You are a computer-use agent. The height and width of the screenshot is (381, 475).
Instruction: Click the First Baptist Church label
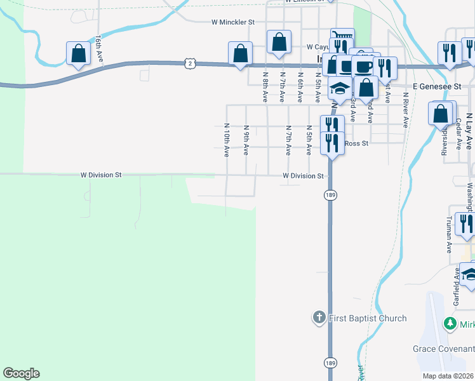[368, 318]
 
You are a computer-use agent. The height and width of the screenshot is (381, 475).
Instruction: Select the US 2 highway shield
[189, 63]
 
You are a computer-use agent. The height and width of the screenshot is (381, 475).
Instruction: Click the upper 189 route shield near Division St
[330, 194]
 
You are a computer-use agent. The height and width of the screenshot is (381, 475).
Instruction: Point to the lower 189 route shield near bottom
[330, 363]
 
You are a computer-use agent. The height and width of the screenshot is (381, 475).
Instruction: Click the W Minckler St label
[233, 22]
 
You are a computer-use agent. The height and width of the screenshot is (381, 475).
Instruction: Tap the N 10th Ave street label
[226, 140]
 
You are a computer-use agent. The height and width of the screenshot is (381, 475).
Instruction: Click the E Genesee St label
[435, 85]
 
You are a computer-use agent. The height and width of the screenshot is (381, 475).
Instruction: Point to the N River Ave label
[405, 110]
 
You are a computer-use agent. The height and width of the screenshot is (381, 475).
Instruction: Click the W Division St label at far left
[100, 175]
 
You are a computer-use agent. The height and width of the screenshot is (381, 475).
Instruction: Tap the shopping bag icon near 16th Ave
[78, 54]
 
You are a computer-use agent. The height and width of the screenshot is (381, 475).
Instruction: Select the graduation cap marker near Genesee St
[340, 89]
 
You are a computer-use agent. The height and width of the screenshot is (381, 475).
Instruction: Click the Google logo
[21, 373]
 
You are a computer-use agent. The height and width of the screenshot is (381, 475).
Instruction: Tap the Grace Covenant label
[443, 349]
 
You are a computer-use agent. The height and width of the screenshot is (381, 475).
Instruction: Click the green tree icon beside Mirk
[451, 324]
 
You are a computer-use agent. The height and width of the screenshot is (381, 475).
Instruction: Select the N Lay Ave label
[469, 130]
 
